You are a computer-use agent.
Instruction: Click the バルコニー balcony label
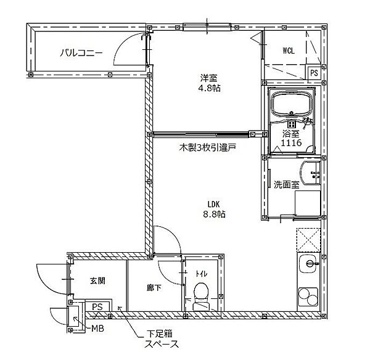[81, 52]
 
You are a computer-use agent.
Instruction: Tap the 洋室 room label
[209, 78]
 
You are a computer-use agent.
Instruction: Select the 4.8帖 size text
[209, 88]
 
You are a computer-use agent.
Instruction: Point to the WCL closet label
[289, 51]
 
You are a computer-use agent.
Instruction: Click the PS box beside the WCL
[314, 73]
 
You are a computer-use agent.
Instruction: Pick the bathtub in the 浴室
[292, 104]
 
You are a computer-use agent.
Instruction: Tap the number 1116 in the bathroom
[291, 142]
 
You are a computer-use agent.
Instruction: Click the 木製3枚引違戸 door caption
[208, 148]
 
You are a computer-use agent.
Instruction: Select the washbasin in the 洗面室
[310, 173]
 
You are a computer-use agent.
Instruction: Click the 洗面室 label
[287, 184]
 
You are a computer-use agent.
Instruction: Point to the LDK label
[214, 204]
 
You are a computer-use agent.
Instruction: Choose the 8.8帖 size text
[214, 214]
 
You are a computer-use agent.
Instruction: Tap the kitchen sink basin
[309, 263]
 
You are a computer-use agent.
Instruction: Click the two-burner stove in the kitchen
[308, 297]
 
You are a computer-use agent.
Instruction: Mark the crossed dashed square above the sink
[308, 240]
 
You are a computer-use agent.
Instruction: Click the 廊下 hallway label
[154, 288]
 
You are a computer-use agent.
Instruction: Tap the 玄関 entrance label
[97, 280]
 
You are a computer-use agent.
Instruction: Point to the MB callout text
[97, 328]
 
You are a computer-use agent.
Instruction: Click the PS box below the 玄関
[97, 307]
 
